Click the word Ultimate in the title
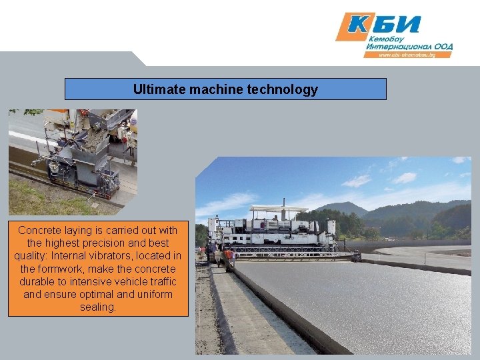tap(155, 89)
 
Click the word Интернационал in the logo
tap(398, 47)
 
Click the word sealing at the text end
tap(97, 307)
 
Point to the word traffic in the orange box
tap(160, 281)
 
